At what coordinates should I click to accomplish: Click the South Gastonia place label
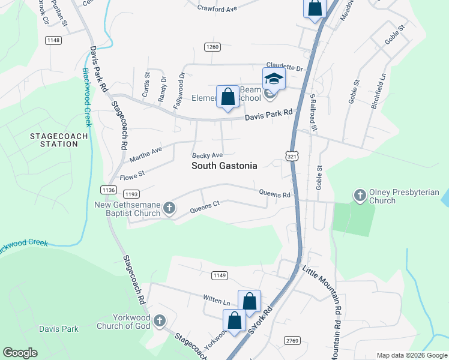tap(224, 166)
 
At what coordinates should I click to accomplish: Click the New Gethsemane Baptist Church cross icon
tap(169, 208)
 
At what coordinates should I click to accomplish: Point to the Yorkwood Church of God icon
tap(160, 321)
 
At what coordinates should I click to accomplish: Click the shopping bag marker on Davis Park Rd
tap(228, 97)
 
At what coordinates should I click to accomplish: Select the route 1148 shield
tap(53, 40)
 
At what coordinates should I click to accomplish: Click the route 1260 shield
tap(212, 47)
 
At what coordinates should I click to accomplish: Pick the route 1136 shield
tap(109, 190)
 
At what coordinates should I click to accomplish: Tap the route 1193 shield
tap(131, 194)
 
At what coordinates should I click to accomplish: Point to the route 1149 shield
tap(220, 275)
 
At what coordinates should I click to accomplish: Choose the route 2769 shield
tap(292, 340)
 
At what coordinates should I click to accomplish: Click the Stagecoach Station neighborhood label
tap(59, 140)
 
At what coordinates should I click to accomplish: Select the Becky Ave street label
tap(203, 155)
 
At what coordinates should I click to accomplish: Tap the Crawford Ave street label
tap(218, 8)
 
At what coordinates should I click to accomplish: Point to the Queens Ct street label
tap(205, 207)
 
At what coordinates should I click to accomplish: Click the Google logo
tap(20, 353)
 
